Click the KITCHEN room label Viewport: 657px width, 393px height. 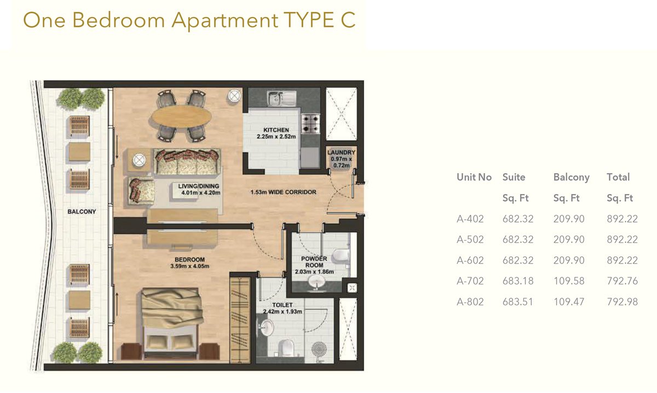tap(276, 130)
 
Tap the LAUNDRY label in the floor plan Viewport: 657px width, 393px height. tap(341, 152)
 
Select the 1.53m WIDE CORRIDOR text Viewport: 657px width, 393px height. tap(284, 192)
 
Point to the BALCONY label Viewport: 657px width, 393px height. tap(82, 212)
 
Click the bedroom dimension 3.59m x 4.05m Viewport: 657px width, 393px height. tap(190, 266)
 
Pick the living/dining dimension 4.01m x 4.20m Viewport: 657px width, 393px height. tap(200, 193)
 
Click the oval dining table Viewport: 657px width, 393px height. tap(181, 117)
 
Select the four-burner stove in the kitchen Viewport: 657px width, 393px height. tap(311, 124)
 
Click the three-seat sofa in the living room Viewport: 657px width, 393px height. tap(187, 162)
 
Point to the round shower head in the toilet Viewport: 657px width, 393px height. tap(319, 350)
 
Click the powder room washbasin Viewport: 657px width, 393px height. tap(316, 282)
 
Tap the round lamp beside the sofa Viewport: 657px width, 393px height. tap(139, 161)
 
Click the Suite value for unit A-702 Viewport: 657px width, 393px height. tap(518, 281)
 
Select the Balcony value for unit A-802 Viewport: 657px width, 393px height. tap(569, 301)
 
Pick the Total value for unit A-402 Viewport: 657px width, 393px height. tap(622, 219)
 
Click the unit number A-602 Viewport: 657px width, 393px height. tap(470, 260)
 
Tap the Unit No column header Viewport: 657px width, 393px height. tap(474, 177)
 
